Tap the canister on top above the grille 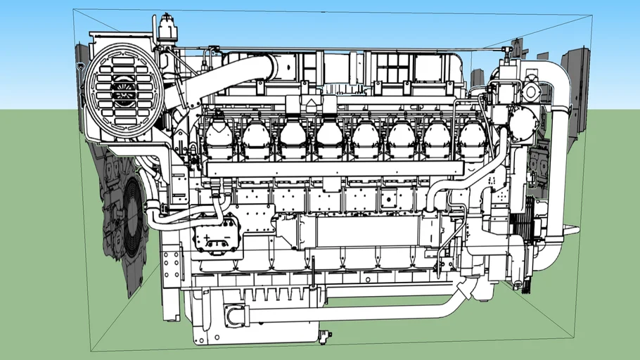coord(167,30)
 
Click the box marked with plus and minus coord(217,234)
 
